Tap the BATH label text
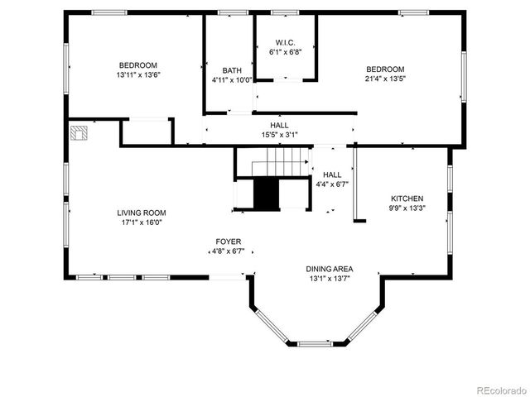(x=231, y=70)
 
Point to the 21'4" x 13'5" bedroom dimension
(x=385, y=79)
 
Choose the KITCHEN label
(x=407, y=198)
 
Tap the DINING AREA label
(x=330, y=269)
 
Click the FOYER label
(x=229, y=242)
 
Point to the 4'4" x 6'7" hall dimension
(x=331, y=184)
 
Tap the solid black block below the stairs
(x=267, y=194)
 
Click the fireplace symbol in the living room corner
(x=79, y=132)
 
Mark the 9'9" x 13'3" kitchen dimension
(x=407, y=208)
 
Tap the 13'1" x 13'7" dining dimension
(x=330, y=279)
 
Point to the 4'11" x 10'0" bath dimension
(x=231, y=80)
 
